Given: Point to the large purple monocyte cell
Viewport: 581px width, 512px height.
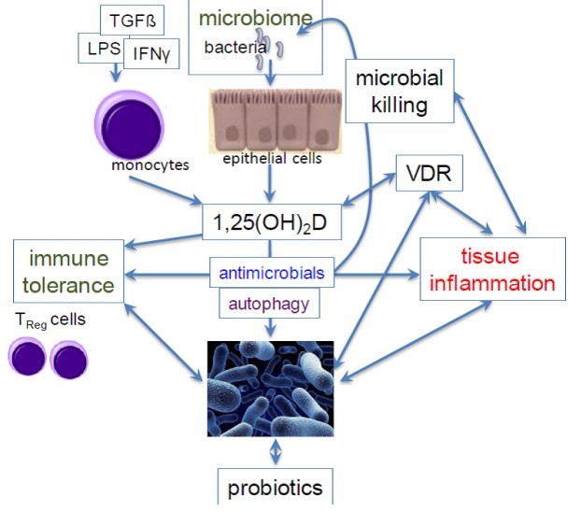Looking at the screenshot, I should (x=128, y=124).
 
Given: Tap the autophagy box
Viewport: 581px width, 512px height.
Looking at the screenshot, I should (x=269, y=303).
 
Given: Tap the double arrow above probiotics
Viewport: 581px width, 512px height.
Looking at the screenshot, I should (x=274, y=452).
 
